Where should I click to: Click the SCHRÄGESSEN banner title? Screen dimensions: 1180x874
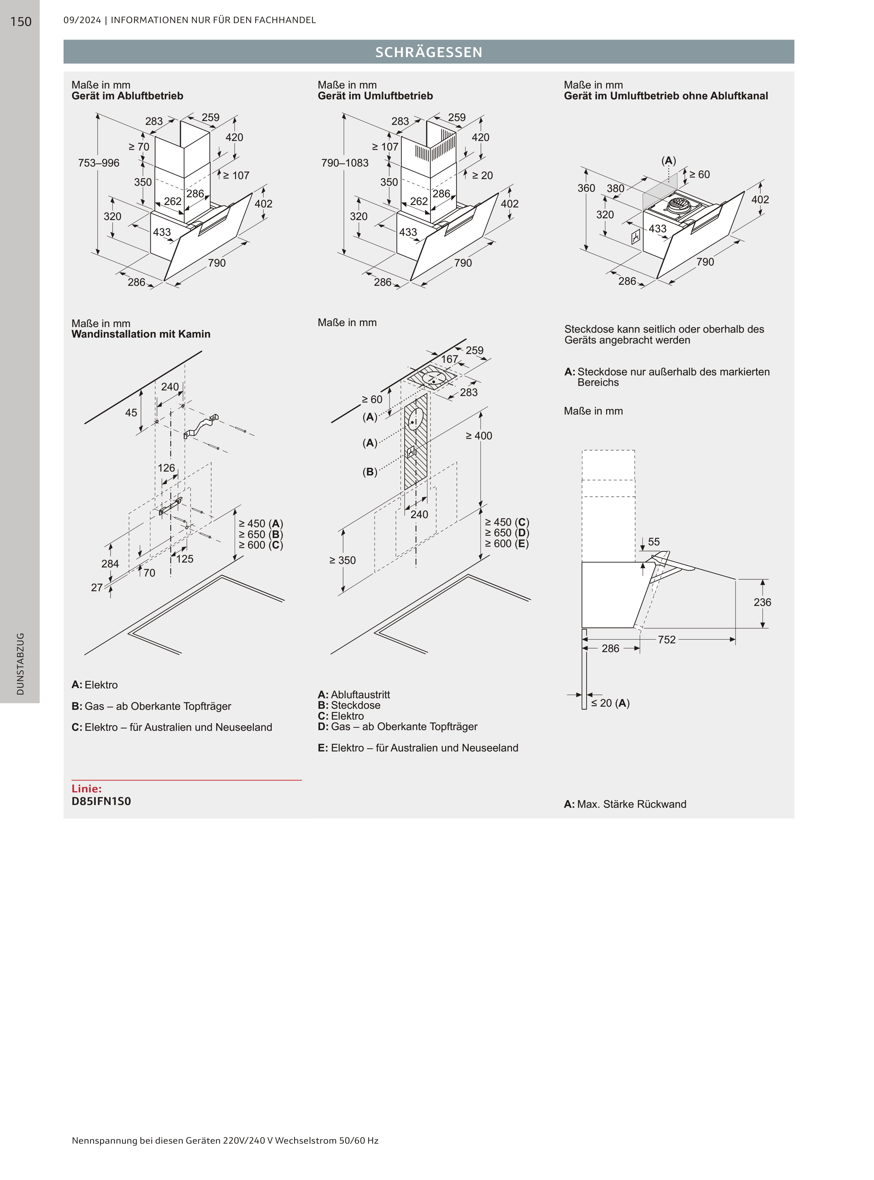(428, 52)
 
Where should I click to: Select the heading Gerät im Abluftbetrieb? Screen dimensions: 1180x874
(128, 96)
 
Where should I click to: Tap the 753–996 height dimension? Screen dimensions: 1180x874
(99, 163)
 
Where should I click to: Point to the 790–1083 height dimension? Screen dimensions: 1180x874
(345, 163)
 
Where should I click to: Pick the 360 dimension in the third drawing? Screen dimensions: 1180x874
(586, 188)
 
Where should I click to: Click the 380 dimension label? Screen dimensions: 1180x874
(615, 188)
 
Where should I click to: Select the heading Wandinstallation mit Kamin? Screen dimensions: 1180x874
(141, 334)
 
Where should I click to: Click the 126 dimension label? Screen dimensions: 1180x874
(166, 468)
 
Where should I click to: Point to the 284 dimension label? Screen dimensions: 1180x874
(110, 564)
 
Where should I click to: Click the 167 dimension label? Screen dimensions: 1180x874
(450, 359)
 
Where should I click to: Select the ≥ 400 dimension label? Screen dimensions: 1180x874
(479, 436)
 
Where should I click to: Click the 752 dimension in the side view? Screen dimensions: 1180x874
(667, 640)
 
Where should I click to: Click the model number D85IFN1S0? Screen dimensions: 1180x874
(101, 801)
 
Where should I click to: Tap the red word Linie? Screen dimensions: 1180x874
(86, 789)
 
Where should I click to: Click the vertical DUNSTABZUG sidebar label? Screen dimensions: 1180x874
(20, 664)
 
